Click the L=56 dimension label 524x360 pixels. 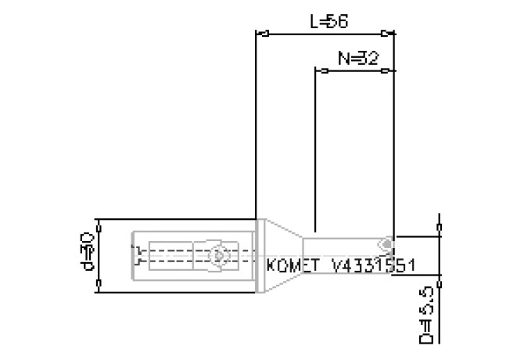click(328, 22)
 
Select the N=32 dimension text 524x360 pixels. click(354, 59)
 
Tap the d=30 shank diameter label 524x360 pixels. click(88, 255)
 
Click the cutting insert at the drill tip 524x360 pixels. click(386, 244)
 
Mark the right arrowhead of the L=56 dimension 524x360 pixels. click(387, 34)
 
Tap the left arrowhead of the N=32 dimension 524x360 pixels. click(321, 71)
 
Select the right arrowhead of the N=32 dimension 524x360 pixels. click(386, 71)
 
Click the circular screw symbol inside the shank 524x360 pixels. click(219, 255)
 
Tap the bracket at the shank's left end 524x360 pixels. click(138, 255)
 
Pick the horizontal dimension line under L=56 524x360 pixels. click(325, 34)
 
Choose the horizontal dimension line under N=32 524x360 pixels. click(354, 71)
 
